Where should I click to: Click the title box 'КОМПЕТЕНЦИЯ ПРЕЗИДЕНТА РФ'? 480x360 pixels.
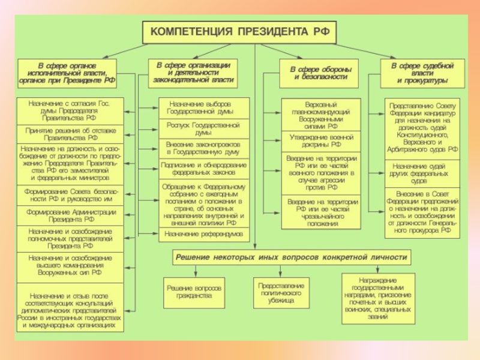pyautogui.click(x=239, y=32)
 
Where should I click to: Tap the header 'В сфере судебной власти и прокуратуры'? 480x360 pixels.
pyautogui.click(x=421, y=73)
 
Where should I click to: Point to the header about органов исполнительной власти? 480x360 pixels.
pyautogui.click(x=67, y=73)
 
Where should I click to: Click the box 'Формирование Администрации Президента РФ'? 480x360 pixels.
pyautogui.click(x=70, y=215)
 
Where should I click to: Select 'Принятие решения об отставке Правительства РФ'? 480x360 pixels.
pyautogui.click(x=70, y=133)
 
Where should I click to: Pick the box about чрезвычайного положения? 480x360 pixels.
pyautogui.click(x=320, y=212)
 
